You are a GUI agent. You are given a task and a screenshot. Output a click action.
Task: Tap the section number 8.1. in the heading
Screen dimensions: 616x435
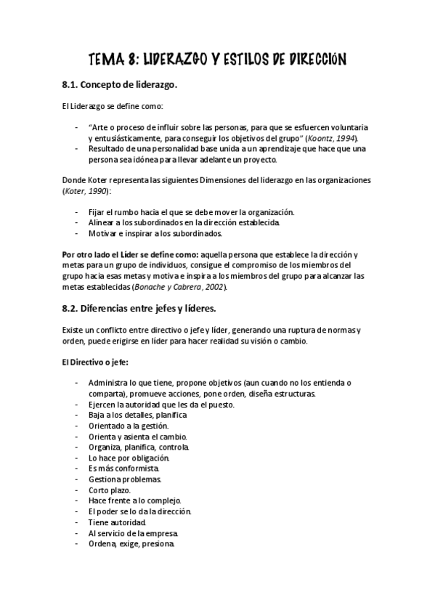[x=73, y=85]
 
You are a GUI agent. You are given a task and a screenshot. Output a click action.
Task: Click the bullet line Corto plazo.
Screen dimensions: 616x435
[x=110, y=490]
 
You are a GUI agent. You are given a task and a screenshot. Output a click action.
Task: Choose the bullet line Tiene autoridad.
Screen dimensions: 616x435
[x=117, y=522]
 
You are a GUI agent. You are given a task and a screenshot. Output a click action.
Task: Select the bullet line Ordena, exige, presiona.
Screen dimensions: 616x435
[x=131, y=544]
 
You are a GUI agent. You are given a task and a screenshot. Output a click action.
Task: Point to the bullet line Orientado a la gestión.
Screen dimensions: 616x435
[x=128, y=426]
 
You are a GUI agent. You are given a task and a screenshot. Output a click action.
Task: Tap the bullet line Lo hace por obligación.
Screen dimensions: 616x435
[x=129, y=458]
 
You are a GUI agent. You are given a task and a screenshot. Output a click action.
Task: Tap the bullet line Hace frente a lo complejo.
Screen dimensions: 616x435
[x=134, y=501]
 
